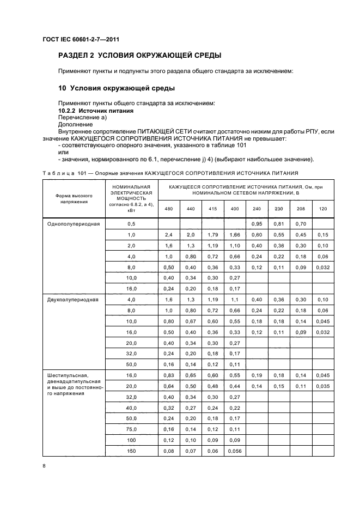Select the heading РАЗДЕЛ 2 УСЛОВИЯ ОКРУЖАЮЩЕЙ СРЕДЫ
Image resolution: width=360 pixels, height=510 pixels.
[139, 56]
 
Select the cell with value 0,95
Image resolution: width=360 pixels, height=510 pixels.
[257, 224]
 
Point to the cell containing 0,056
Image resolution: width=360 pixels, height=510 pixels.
[235, 451]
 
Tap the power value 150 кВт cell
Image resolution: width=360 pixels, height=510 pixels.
[131, 451]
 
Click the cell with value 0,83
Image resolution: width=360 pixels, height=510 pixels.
[168, 375]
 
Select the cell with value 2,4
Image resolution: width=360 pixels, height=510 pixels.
[168, 234]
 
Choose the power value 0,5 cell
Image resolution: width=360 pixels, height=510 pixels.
[131, 224]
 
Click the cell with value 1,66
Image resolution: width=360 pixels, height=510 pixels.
[235, 234]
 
